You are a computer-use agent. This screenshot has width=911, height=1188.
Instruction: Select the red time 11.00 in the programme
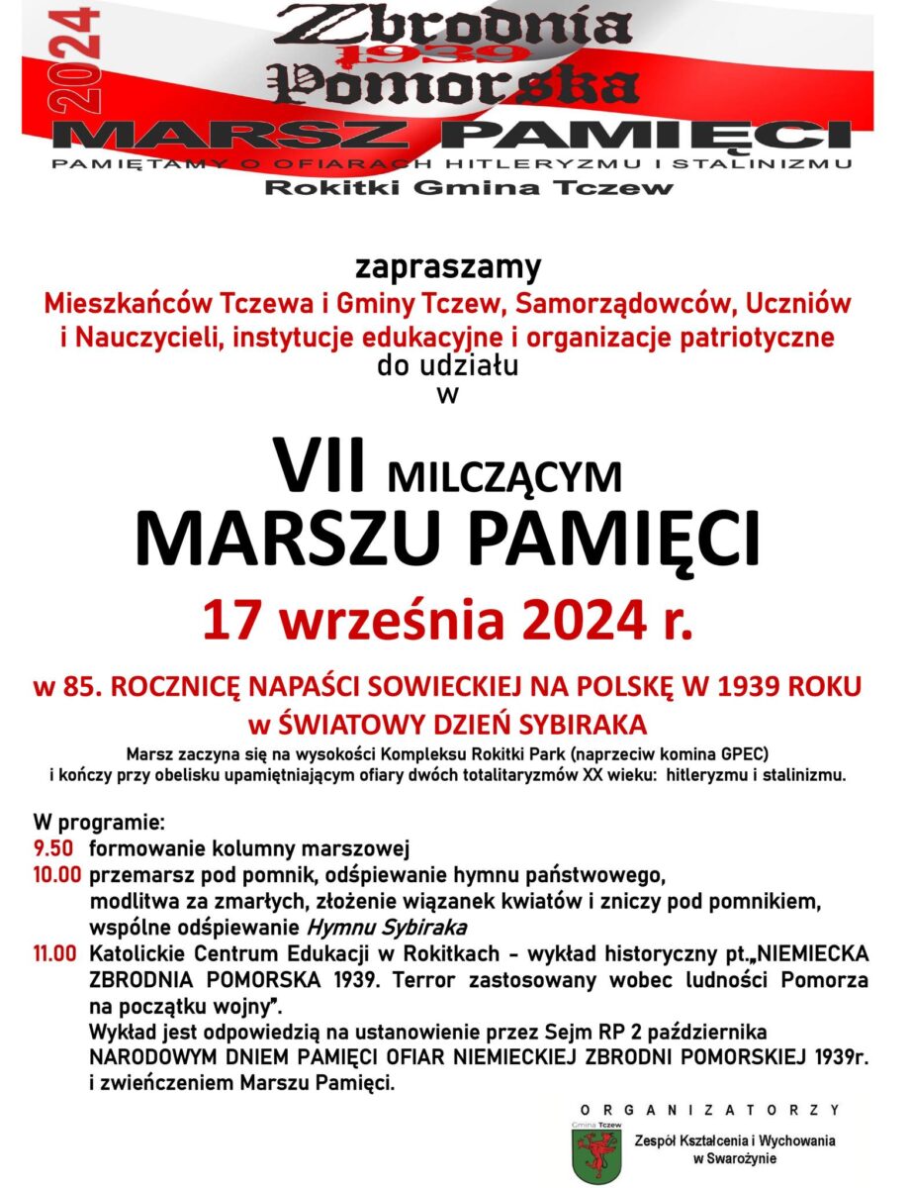tap(54, 954)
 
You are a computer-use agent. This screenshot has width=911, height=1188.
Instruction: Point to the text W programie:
tap(99, 823)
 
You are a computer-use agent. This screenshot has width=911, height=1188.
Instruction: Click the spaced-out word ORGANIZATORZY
tap(709, 1110)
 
